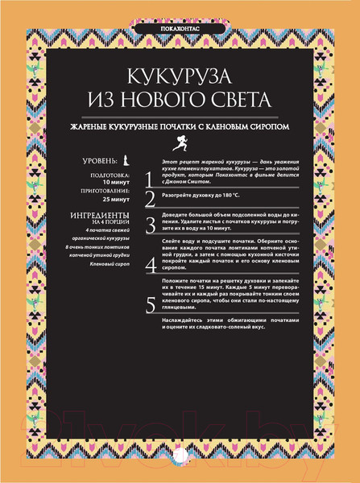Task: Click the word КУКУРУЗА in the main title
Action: click(x=180, y=77)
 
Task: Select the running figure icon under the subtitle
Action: click(x=180, y=142)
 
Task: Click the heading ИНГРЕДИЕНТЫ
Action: click(x=100, y=216)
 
